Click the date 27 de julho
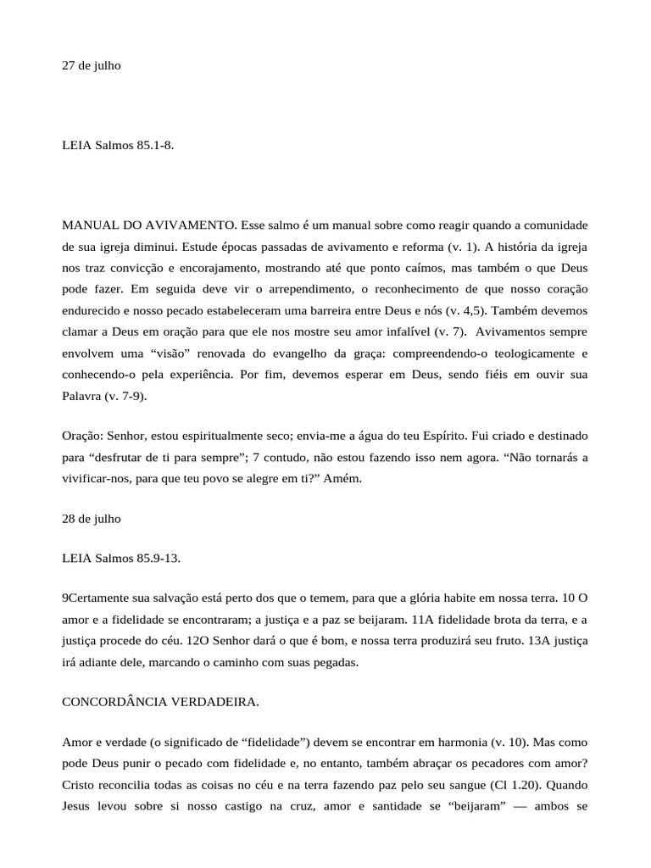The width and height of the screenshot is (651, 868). pyautogui.click(x=92, y=65)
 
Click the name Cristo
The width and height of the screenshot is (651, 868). pyautogui.click(x=79, y=783)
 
